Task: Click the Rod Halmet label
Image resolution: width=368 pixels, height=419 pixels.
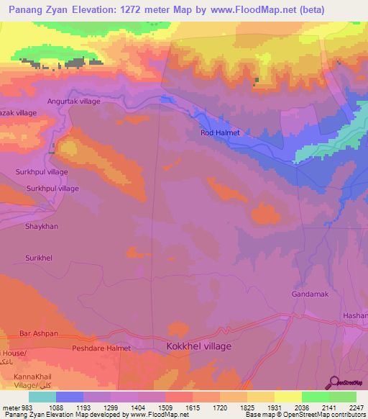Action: click(x=219, y=133)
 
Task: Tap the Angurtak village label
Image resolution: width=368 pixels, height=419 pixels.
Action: click(x=74, y=102)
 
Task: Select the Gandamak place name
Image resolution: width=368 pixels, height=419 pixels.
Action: click(x=310, y=294)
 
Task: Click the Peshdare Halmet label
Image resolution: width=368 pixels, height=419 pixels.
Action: click(x=101, y=348)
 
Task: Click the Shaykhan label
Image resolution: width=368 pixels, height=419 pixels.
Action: click(x=42, y=226)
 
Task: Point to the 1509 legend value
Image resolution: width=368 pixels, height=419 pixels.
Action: click(x=166, y=407)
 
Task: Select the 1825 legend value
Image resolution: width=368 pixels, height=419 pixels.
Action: click(x=248, y=407)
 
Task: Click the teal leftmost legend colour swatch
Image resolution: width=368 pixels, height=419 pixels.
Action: click(x=42, y=397)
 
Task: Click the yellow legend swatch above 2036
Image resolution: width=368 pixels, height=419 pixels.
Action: click(x=288, y=397)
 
